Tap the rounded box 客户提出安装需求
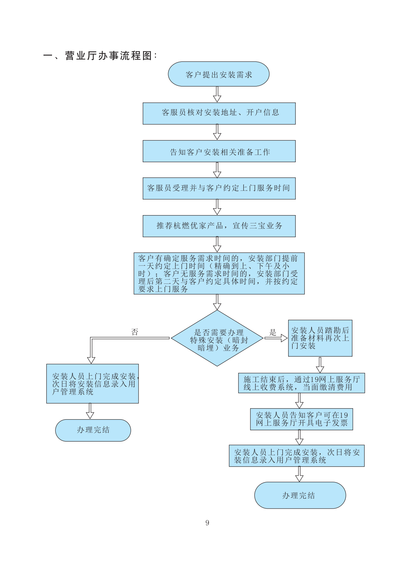tap(219, 74)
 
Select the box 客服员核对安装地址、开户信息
tap(219, 113)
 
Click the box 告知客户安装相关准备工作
tap(219, 151)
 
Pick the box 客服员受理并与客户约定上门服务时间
tap(219, 188)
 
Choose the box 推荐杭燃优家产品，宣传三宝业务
tap(219, 226)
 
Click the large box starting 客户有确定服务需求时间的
tap(219, 274)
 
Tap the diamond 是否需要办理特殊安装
tap(217, 339)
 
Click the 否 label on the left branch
tap(135, 332)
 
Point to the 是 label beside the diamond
tap(273, 332)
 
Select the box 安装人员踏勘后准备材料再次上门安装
tap(320, 338)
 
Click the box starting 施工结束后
tap(302, 383)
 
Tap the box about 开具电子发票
tap(302, 419)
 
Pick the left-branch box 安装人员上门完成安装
tap(92, 384)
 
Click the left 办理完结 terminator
tap(93, 430)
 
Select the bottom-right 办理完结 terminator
tap(300, 495)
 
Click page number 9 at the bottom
tap(207, 523)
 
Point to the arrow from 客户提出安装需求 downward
tap(217, 94)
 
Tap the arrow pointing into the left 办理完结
tap(90, 411)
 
